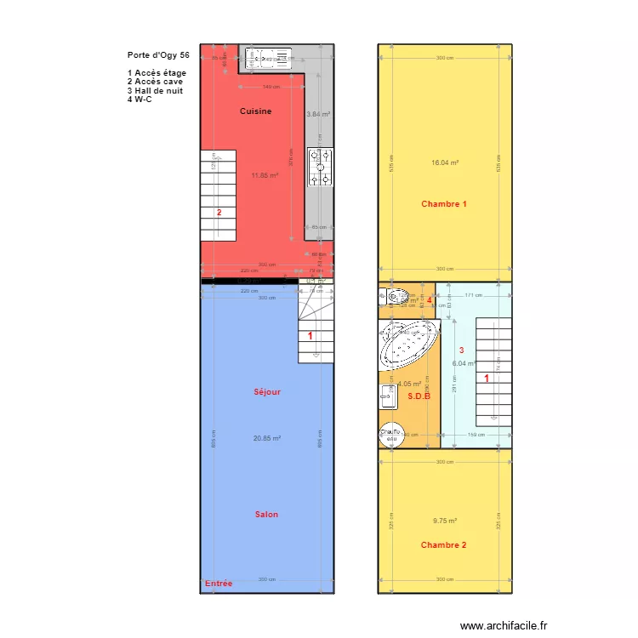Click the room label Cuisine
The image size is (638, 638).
tap(255, 111)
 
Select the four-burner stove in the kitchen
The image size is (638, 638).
tap(322, 167)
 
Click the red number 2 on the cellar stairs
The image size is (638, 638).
tap(219, 213)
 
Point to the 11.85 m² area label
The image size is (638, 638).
tap(265, 176)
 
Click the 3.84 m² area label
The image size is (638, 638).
tap(318, 113)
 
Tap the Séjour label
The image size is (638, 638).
tap(267, 392)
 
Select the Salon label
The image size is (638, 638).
tap(266, 515)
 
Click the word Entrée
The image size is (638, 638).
tap(219, 584)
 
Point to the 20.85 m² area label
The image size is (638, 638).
tap(267, 439)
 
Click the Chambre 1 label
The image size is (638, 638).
tap(444, 204)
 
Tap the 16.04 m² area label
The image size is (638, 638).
tap(445, 162)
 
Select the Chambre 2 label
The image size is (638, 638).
tap(443, 545)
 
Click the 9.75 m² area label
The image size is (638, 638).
tap(445, 521)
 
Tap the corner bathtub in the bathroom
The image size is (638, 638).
tap(408, 344)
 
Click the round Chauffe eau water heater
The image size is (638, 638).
tap(390, 434)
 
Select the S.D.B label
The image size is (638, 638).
tap(419, 396)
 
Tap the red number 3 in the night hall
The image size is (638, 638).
tap(462, 350)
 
